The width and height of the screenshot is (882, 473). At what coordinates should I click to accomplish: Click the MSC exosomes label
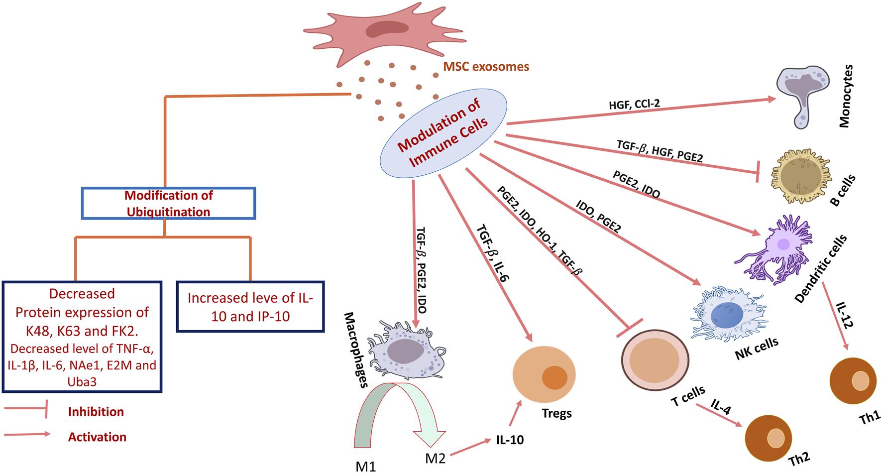(x=486, y=66)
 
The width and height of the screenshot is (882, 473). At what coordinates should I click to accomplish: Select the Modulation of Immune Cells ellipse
(x=443, y=133)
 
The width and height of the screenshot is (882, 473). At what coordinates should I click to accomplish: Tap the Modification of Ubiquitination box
(x=169, y=203)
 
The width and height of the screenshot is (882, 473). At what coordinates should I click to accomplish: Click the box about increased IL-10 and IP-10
(x=250, y=307)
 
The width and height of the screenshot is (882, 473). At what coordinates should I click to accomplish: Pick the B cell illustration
(x=801, y=176)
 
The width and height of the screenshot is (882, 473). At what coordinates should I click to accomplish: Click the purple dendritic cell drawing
(x=775, y=248)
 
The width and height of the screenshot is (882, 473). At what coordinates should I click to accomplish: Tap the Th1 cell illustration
(x=853, y=381)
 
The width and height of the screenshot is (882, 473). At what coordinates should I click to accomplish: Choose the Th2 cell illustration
(x=769, y=438)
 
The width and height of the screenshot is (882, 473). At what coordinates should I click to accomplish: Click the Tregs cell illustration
(x=544, y=374)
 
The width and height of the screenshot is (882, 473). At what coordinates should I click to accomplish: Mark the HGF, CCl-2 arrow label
(x=635, y=104)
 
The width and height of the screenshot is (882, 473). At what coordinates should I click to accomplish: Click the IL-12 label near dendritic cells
(x=845, y=315)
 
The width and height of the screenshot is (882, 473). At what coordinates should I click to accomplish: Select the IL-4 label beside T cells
(x=721, y=407)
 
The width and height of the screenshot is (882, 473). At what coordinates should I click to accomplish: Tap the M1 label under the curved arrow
(x=366, y=467)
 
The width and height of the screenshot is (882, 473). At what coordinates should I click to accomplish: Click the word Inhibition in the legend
(x=96, y=412)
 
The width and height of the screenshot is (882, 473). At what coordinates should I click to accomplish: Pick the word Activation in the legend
(x=97, y=437)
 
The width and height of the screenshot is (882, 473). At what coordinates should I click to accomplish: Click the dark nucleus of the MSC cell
(x=387, y=29)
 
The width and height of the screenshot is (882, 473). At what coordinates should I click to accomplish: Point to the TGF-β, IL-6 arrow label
(x=493, y=253)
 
